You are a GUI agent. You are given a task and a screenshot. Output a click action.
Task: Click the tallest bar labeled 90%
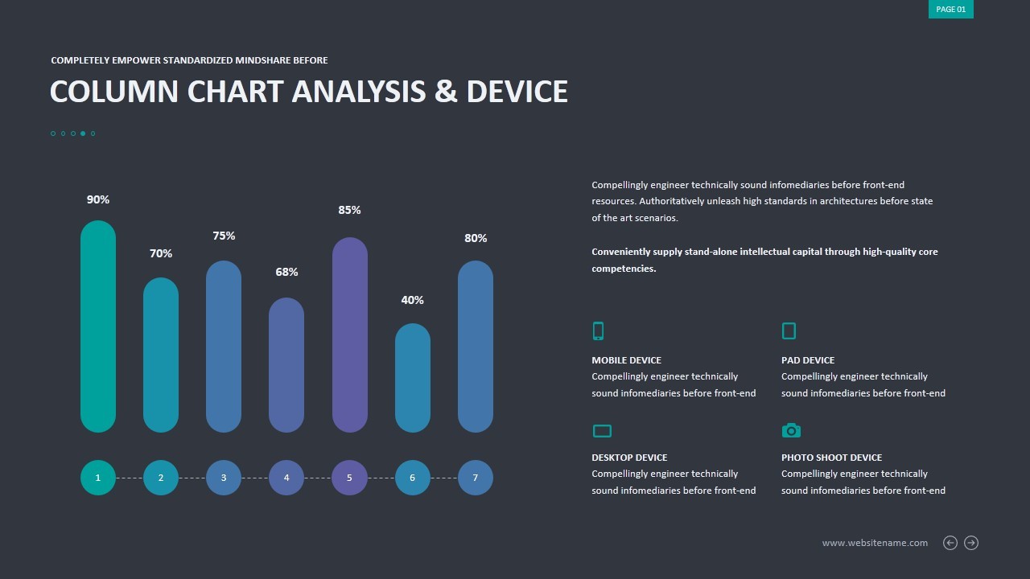point(98,326)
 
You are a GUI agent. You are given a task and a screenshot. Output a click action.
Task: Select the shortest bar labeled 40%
point(412,378)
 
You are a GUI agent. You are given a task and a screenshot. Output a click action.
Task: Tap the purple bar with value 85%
point(349,335)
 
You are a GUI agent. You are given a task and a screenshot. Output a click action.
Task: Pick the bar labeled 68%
point(286,364)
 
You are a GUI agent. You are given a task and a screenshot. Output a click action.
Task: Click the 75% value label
point(224,236)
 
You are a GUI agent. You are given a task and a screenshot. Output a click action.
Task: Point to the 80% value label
point(476,238)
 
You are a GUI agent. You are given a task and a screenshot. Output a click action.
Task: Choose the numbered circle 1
point(98,478)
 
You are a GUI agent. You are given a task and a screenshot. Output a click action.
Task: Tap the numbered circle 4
point(286,478)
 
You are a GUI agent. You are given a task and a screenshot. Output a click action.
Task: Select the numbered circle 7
point(476,478)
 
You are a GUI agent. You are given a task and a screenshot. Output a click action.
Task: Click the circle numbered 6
point(412,478)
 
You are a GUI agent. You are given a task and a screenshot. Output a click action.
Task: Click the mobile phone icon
point(598,331)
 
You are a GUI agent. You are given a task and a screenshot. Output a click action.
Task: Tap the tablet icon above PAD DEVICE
point(789,331)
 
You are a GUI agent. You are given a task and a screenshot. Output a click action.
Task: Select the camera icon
point(791,430)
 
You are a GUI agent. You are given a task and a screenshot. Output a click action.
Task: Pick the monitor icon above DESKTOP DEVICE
point(602,431)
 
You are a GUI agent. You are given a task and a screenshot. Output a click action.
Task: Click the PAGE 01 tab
point(950,10)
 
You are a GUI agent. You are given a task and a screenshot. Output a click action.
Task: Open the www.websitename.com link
point(875,543)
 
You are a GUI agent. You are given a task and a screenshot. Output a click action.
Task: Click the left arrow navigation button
point(950,543)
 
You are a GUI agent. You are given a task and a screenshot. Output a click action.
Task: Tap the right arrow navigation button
point(971,543)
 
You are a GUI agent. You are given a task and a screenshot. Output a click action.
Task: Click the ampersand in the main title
point(445,92)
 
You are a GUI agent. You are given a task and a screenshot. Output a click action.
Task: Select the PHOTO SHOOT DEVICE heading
point(831,458)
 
